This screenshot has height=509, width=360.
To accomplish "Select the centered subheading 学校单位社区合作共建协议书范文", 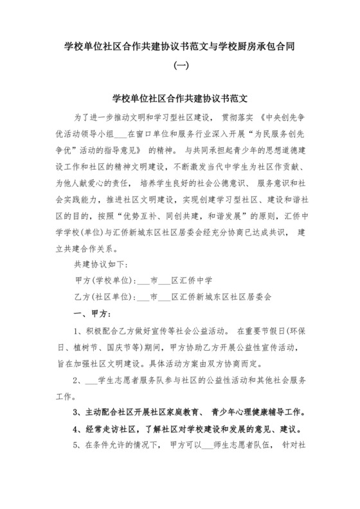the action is (x=180, y=100).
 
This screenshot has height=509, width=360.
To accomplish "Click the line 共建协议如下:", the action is (x=102, y=247).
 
